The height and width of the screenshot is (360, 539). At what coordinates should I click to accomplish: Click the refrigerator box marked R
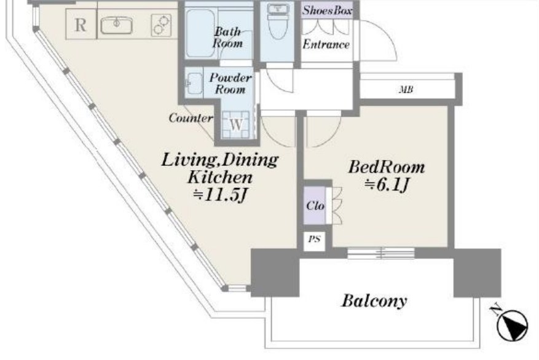coord(81,25)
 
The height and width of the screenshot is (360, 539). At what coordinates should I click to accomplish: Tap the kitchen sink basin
coord(117,25)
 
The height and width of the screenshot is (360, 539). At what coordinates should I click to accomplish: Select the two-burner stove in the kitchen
coord(161,25)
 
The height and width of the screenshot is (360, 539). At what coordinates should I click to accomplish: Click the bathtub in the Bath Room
coord(200,33)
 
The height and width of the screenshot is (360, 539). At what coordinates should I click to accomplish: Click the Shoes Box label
coord(327,10)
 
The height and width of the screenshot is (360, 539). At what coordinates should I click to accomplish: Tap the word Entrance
coord(326,44)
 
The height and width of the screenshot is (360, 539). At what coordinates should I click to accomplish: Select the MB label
coord(406,90)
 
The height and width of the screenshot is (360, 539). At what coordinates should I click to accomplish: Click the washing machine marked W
coord(236,124)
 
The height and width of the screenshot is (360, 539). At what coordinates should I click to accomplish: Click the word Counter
coord(191,118)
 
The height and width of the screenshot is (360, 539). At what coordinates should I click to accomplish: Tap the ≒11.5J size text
coord(221,195)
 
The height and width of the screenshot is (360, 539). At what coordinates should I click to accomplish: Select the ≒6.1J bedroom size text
coord(387,185)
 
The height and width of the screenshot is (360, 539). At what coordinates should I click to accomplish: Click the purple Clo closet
coord(315,205)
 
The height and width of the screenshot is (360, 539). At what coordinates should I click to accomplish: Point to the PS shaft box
coord(314,240)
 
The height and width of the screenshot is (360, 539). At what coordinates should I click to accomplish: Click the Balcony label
coord(374,301)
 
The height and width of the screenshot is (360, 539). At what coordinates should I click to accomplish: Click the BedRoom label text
coord(387,167)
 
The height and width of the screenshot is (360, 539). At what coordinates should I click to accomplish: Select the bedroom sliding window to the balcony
coord(381,253)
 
